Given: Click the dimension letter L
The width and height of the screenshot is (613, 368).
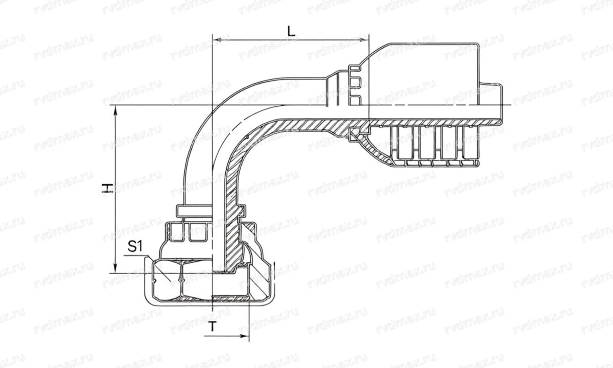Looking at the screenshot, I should click(291, 30).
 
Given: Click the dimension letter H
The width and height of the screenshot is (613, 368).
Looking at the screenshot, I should click(107, 189).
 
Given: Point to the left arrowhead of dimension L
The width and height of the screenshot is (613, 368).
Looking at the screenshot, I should click(215, 39).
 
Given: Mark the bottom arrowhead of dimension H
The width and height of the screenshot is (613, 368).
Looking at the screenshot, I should click(116, 271).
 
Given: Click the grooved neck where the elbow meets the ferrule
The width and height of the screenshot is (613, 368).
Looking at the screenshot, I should click(352, 84).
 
